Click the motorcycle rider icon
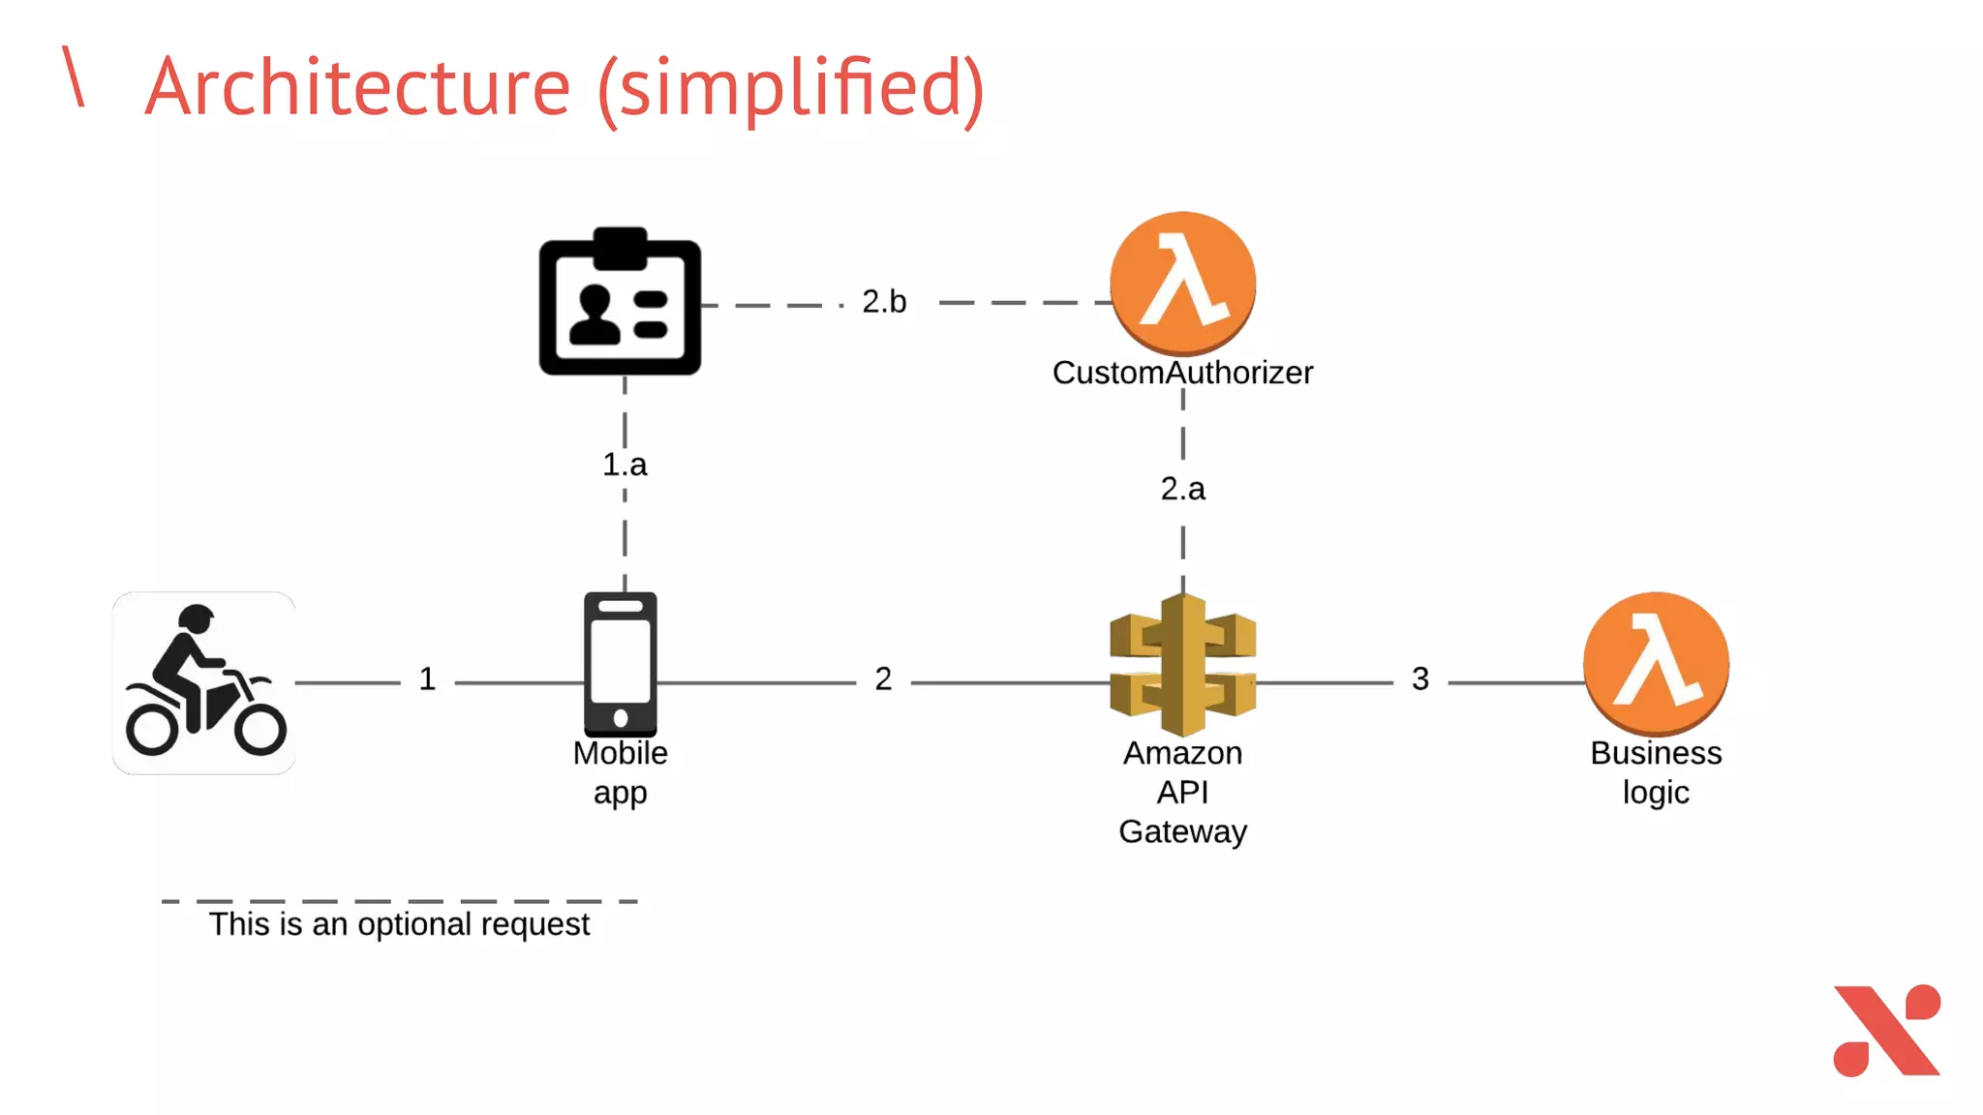click(x=204, y=682)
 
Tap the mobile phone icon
click(x=621, y=665)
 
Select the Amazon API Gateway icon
click(x=1182, y=665)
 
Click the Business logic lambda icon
click(x=1656, y=664)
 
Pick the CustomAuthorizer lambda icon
click(x=1182, y=284)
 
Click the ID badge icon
click(x=620, y=303)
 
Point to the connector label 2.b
click(x=884, y=302)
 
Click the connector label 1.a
click(x=625, y=465)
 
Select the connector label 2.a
click(x=1182, y=489)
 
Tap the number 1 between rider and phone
click(x=427, y=679)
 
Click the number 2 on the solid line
click(x=883, y=679)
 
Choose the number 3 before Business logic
click(x=1419, y=679)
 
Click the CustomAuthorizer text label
click(x=1182, y=373)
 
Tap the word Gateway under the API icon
click(x=1182, y=831)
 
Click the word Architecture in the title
click(x=358, y=87)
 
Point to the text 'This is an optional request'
click(x=399, y=924)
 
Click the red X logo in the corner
click(x=1886, y=1031)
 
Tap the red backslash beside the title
click(x=74, y=75)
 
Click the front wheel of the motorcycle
click(x=259, y=728)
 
